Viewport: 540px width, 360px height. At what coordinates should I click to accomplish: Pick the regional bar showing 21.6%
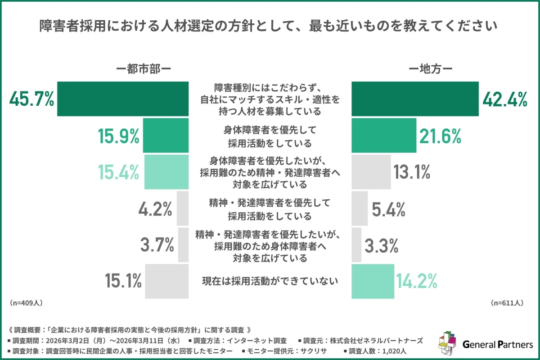click(383, 135)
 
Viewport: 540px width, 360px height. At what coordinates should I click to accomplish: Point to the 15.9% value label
click(118, 135)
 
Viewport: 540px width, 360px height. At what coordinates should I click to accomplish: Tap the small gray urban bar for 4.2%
click(182, 208)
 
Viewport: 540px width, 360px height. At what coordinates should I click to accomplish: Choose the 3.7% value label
click(157, 245)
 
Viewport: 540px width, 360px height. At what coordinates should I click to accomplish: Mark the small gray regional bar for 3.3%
click(356, 245)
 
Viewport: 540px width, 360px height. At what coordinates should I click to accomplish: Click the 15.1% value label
click(123, 281)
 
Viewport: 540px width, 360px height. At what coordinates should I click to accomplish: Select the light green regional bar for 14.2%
click(371, 281)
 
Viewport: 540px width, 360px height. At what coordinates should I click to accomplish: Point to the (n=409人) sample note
click(26, 303)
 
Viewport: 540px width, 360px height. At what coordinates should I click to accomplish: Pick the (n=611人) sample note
click(506, 303)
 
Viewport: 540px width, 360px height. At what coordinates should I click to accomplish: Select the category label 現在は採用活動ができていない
click(269, 282)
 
